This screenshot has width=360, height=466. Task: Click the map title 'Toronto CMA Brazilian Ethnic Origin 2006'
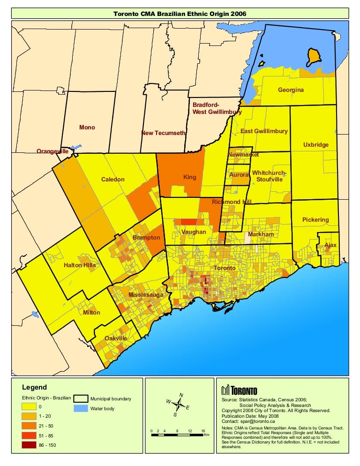pyautogui.click(x=180, y=14)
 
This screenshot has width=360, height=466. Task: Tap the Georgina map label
pyautogui.click(x=291, y=90)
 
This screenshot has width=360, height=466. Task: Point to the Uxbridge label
pyautogui.click(x=315, y=145)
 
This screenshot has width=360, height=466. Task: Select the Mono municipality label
pyautogui.click(x=87, y=128)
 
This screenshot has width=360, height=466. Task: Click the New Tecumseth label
pyautogui.click(x=164, y=134)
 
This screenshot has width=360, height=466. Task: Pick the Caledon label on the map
pyautogui.click(x=112, y=180)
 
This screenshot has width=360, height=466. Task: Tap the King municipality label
pyautogui.click(x=189, y=178)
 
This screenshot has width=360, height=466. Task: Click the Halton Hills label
pyautogui.click(x=80, y=265)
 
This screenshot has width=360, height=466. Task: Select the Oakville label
pyautogui.click(x=116, y=338)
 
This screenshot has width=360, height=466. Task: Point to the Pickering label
pyautogui.click(x=315, y=220)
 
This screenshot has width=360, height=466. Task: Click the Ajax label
pyautogui.click(x=330, y=245)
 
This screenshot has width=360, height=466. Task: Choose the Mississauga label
pyautogui.click(x=146, y=295)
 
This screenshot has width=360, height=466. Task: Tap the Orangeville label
pyautogui.click(x=52, y=151)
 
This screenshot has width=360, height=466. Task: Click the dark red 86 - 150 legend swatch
pyautogui.click(x=29, y=445)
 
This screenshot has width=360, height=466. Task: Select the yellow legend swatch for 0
pyautogui.click(x=29, y=406)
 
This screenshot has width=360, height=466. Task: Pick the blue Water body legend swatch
pyautogui.click(x=80, y=408)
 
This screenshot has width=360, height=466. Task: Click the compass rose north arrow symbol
pyautogui.click(x=178, y=404)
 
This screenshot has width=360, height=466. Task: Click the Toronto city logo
pyautogui.click(x=239, y=390)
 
